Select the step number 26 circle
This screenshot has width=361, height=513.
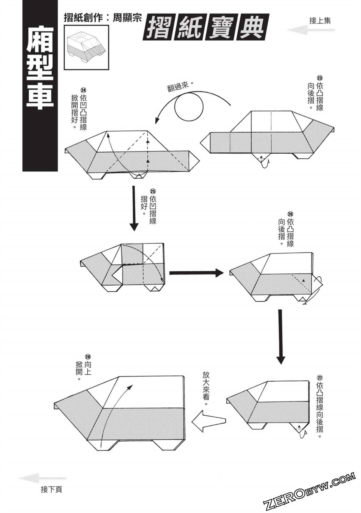[290, 214]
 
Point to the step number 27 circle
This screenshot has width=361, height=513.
[319, 378]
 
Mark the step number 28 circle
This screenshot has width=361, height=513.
[88, 357]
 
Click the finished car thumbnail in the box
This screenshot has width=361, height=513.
[86, 47]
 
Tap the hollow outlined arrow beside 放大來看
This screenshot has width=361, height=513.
[208, 421]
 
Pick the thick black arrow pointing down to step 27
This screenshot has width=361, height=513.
[280, 336]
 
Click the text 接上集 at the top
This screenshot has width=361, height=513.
[320, 20]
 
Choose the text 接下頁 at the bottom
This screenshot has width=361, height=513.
[51, 490]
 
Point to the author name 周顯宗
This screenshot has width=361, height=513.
[127, 18]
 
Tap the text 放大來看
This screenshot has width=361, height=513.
[206, 388]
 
